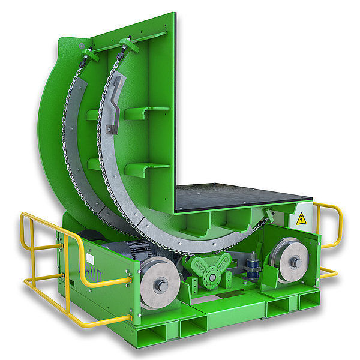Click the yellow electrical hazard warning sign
pos(301,219)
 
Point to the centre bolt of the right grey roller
pos(295,262)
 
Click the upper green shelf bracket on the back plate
pos(147,112)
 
